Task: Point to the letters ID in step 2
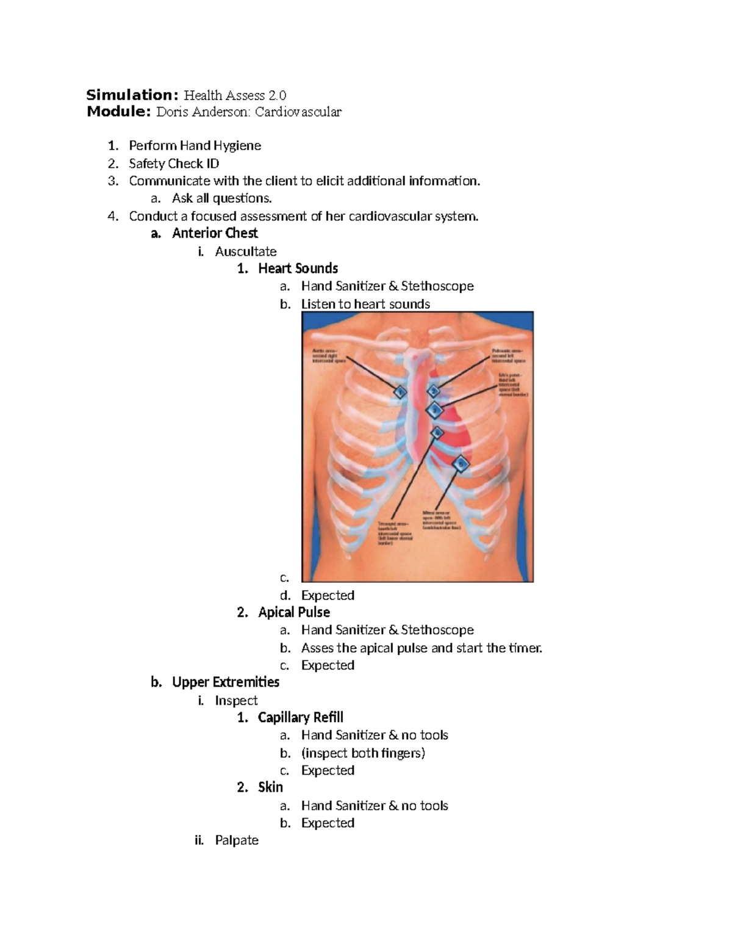[x=212, y=164]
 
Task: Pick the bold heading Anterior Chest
[x=215, y=233]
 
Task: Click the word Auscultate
[x=246, y=251]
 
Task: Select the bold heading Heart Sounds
[x=298, y=269]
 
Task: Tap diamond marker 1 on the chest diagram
[x=400, y=391]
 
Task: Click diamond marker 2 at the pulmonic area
[x=434, y=391]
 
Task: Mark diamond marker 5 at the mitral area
[x=461, y=464]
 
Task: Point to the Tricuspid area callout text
[x=396, y=532]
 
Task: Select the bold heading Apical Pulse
[x=294, y=612]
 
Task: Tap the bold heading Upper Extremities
[x=226, y=682]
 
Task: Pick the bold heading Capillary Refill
[x=301, y=717]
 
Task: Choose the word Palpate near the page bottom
[x=237, y=841]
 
